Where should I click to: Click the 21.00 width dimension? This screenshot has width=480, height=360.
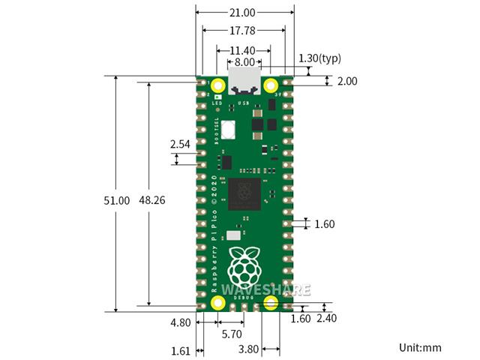(x=244, y=13)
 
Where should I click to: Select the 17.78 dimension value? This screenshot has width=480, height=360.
(x=244, y=31)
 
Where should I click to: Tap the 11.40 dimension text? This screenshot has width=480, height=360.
(x=244, y=50)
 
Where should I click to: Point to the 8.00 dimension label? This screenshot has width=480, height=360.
(x=244, y=62)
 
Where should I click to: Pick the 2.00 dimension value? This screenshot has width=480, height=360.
(x=347, y=81)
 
